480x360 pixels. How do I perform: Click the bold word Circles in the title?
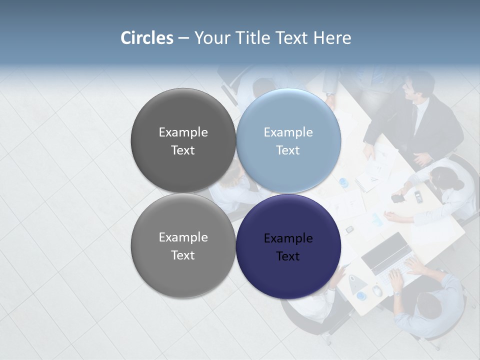pos(147,38)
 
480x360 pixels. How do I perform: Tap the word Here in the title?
pos(332,38)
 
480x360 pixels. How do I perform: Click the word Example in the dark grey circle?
pos(183,132)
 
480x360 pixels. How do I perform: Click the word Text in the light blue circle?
pos(288,150)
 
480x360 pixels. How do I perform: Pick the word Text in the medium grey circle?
pos(183,255)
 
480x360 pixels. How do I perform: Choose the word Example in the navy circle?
pos(288,239)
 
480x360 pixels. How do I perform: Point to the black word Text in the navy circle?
pos(288,256)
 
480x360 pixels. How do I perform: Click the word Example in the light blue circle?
pos(288,132)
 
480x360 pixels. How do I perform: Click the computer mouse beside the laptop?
pos(377,290)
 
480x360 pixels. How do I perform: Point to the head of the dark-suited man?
pos(418,84)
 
